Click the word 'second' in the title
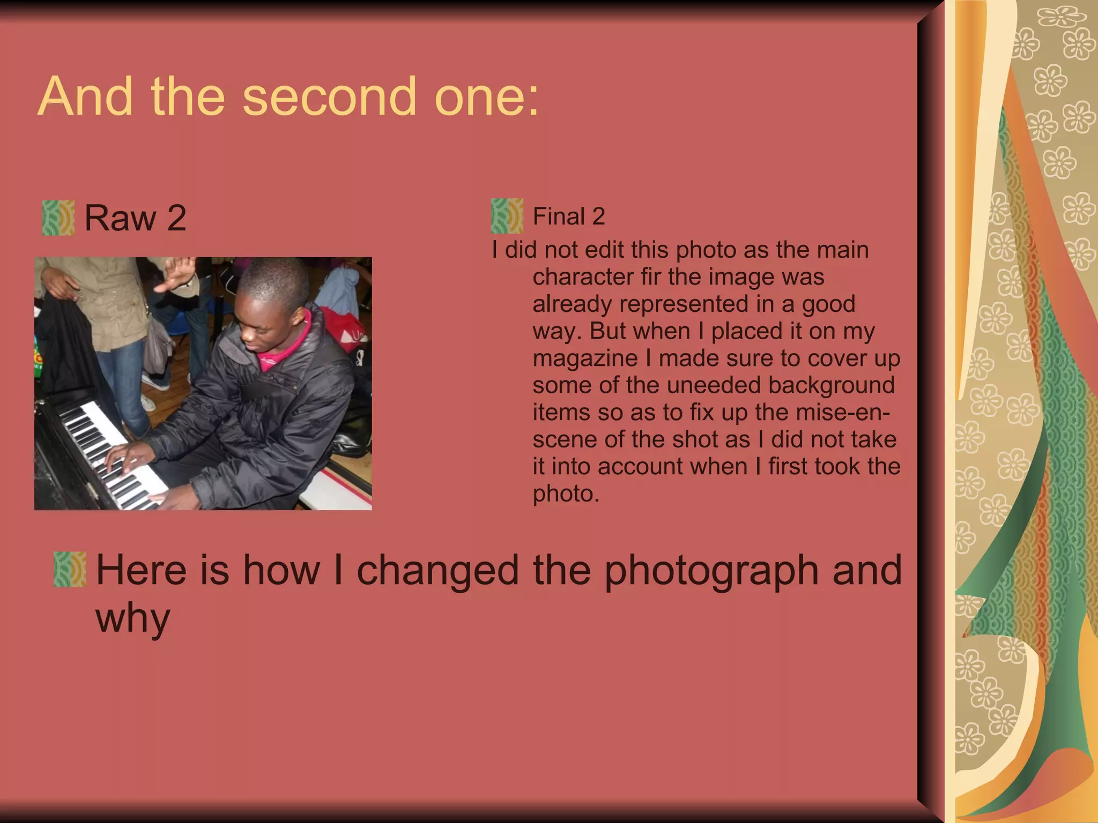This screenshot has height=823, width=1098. [x=329, y=97]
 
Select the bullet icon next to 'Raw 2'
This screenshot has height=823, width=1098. [x=58, y=218]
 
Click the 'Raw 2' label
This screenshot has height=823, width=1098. [x=135, y=218]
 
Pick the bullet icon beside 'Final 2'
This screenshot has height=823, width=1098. [x=507, y=216]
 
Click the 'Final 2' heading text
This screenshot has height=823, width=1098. [x=568, y=216]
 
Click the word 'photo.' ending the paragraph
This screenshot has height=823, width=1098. [x=566, y=493]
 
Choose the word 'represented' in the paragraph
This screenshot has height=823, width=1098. [x=684, y=304]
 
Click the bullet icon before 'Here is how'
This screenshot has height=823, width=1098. [x=70, y=569]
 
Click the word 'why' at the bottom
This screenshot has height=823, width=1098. [x=132, y=618]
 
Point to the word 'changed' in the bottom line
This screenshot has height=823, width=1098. [x=437, y=570]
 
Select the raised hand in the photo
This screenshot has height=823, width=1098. [x=177, y=273]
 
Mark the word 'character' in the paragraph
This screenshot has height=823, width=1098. [x=583, y=277]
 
